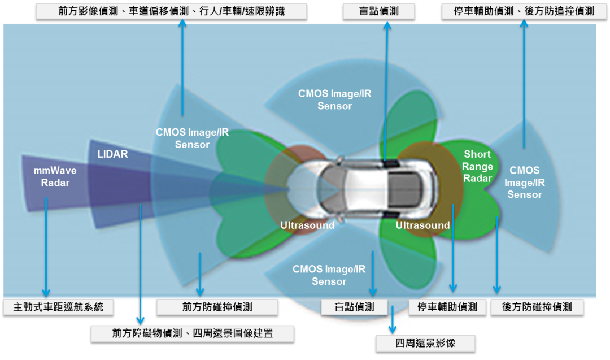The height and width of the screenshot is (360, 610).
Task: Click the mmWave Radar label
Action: click(55, 176)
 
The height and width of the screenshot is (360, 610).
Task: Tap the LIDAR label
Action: click(113, 154)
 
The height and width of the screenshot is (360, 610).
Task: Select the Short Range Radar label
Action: click(478, 166)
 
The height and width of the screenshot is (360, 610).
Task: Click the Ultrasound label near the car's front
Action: click(307, 225)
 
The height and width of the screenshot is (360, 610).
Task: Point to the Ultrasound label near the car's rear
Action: click(422, 225)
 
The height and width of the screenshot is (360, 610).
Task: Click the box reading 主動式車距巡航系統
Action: click(58, 307)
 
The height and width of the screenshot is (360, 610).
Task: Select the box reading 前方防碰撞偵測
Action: click(217, 307)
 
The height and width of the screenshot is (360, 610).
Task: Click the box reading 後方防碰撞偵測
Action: click(537, 307)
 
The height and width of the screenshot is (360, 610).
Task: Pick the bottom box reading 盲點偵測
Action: click(355, 307)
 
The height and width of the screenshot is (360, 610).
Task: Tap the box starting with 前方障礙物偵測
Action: click(192, 333)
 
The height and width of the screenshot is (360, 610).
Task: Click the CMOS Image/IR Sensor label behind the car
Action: click(524, 182)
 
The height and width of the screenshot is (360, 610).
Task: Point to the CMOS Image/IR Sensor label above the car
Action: click(335, 99)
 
